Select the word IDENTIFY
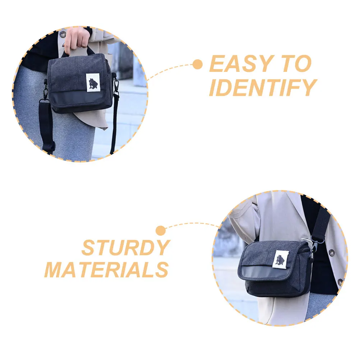[x=262, y=88]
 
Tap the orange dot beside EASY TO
[x=197, y=65]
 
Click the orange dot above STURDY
[x=161, y=230]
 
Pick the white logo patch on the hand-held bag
[x=93, y=83]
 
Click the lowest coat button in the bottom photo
[x=339, y=282]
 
